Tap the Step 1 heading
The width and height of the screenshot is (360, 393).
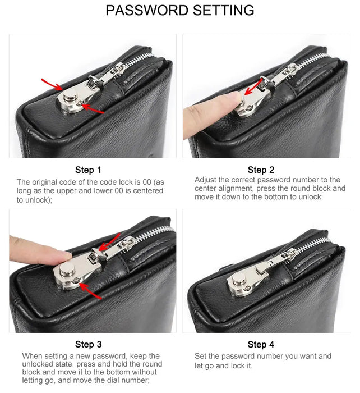[89, 170]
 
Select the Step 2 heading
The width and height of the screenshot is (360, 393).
[261, 170]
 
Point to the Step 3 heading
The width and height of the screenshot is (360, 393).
[89, 344]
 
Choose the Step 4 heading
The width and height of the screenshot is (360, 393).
[261, 344]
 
